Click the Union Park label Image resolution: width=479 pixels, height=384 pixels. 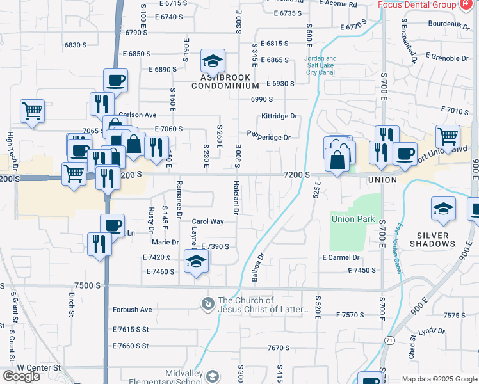click(353, 219)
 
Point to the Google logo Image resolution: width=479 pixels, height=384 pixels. click(21, 376)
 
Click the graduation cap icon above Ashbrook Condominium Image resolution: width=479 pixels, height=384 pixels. click(213, 61)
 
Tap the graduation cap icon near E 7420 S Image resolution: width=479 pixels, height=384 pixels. click(196, 260)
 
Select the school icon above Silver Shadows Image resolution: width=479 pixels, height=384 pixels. click(443, 209)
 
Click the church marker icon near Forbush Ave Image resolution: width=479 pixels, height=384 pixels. click(207, 303)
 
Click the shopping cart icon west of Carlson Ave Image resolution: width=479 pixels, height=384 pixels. click(32, 111)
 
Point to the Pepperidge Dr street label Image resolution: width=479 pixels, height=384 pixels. click(269, 136)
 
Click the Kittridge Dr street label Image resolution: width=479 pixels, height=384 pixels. click(280, 116)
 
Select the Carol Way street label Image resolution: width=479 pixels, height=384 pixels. click(207, 221)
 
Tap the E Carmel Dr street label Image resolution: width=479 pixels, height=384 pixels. click(341, 257)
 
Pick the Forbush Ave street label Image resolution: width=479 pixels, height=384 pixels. click(133, 310)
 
